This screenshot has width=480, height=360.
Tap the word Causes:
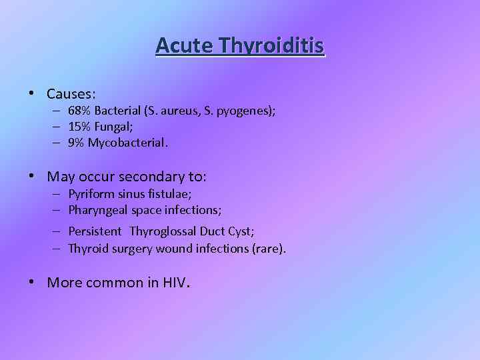(x=71, y=93)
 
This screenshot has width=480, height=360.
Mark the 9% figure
(x=77, y=143)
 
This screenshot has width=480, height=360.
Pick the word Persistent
(x=95, y=231)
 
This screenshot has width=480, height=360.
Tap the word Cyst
(x=240, y=231)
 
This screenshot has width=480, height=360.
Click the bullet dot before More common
(x=32, y=282)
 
